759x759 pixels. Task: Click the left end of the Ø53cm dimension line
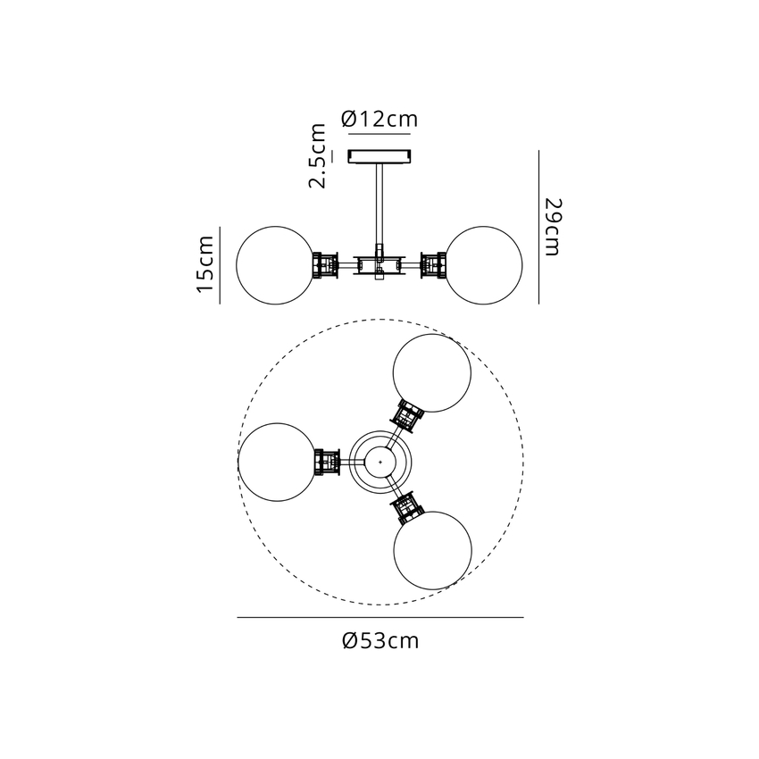pyautogui.click(x=238, y=617)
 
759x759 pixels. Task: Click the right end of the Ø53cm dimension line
pyautogui.click(x=524, y=617)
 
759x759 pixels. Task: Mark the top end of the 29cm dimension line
pyautogui.click(x=538, y=150)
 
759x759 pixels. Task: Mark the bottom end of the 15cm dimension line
pyautogui.click(x=220, y=304)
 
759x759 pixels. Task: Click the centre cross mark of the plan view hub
pyautogui.click(x=380, y=462)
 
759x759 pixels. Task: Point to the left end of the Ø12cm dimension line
pyautogui.click(x=348, y=133)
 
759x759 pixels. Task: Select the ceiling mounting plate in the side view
pyautogui.click(x=380, y=157)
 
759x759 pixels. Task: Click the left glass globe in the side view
pyautogui.click(x=275, y=265)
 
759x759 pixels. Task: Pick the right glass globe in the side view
pyautogui.click(x=484, y=265)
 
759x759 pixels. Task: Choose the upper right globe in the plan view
pyautogui.click(x=432, y=372)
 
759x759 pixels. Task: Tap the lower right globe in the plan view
pyautogui.click(x=433, y=550)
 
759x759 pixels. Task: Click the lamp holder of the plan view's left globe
pyautogui.click(x=327, y=462)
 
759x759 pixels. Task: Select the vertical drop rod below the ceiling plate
pyautogui.click(x=379, y=205)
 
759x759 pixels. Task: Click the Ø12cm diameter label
pyautogui.click(x=379, y=119)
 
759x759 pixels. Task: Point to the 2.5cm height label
pyautogui.click(x=318, y=155)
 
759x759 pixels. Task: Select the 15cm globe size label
pyautogui.click(x=205, y=264)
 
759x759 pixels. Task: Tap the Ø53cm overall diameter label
pyautogui.click(x=380, y=641)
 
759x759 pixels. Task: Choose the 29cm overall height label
pyautogui.click(x=553, y=227)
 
